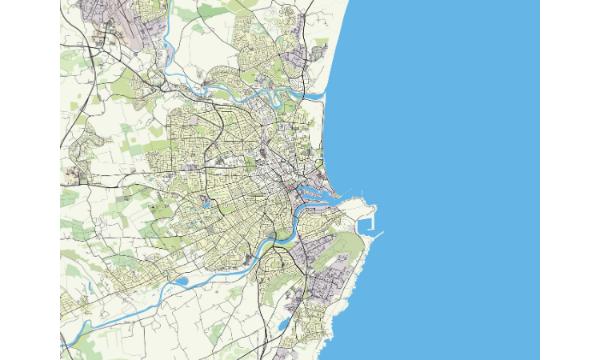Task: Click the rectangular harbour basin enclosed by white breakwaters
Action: pos(367,221)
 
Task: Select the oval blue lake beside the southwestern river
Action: pos(181,281)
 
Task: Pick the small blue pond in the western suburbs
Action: pos(207,203)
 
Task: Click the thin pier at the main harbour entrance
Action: pos(362,193)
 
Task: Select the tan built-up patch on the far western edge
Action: pos(72,171)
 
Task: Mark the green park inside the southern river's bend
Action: pos(282,237)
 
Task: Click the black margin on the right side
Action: pos(570,180)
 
